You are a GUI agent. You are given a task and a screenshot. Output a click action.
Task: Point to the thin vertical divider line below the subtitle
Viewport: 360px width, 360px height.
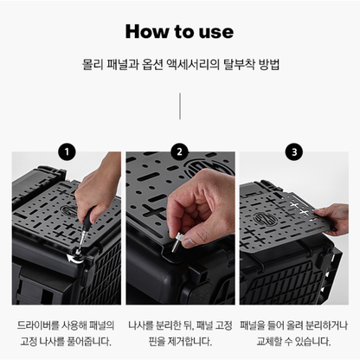point(179,106)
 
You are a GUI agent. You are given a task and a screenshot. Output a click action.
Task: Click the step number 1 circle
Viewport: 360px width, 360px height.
point(66,152)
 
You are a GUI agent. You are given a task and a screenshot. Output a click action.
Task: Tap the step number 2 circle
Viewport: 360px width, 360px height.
point(179,152)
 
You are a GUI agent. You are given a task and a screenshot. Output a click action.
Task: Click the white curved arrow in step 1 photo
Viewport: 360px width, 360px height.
point(72,255)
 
